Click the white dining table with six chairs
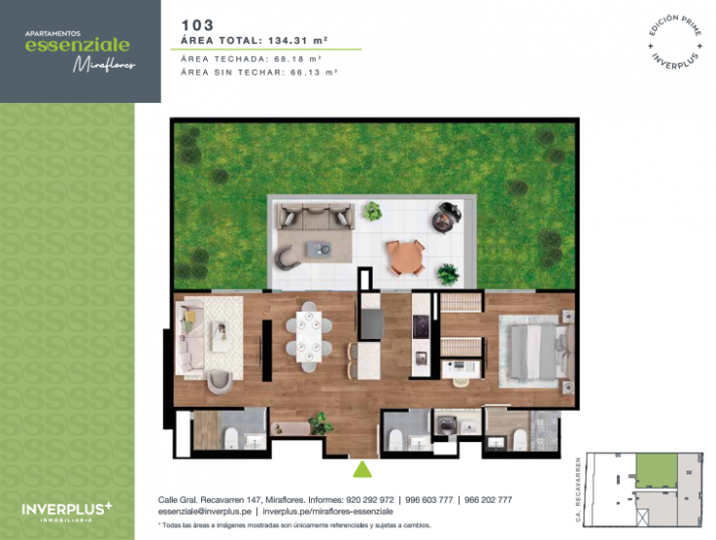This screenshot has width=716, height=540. point(309,336)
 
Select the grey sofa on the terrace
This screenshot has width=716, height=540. point(313,216)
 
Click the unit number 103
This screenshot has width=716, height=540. point(198,24)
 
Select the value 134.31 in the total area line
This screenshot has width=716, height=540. point(293,40)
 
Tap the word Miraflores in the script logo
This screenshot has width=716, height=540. point(104,65)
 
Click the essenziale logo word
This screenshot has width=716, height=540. point(77,44)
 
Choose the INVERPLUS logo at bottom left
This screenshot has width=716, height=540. point(67,509)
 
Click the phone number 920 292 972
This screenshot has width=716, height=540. point(367,500)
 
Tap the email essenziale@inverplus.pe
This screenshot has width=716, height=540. point(204,512)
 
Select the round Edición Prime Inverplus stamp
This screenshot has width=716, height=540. point(675,41)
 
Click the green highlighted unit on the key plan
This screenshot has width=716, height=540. point(653,467)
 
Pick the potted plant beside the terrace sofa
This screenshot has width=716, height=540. point(373,211)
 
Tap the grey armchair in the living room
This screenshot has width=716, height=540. point(221,378)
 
